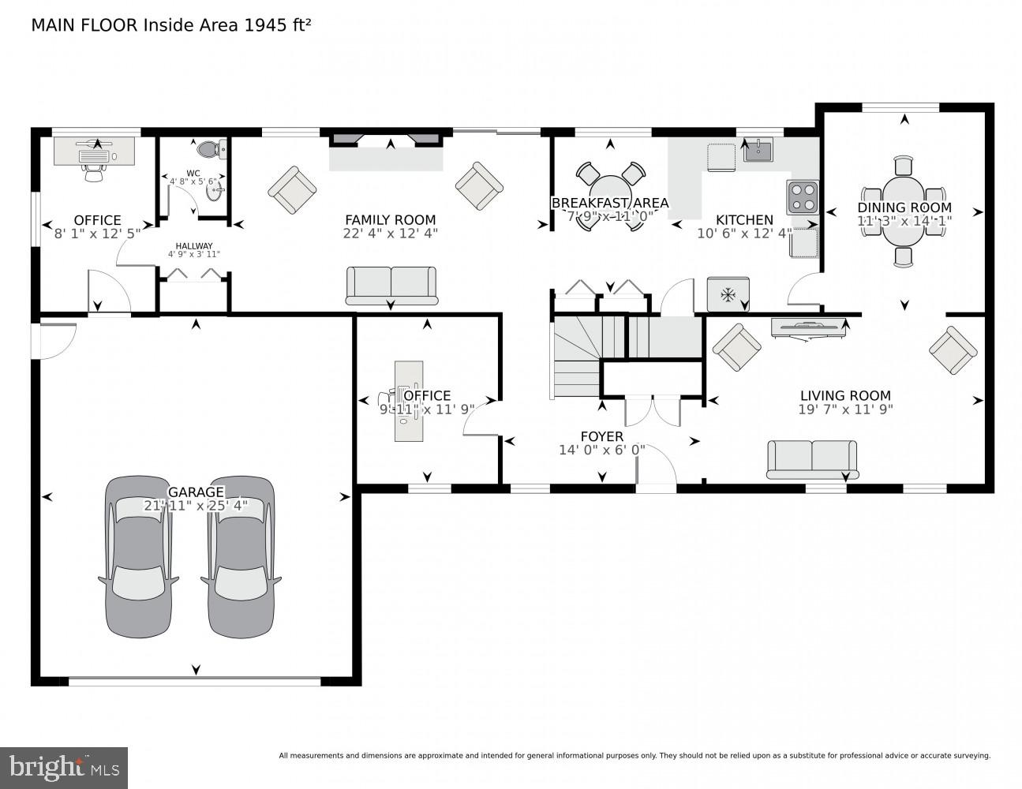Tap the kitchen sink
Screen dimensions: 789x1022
click(x=758, y=149)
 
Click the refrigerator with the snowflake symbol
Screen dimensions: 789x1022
click(x=728, y=294)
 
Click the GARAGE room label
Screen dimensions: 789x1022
click(x=196, y=492)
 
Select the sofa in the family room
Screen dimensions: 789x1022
click(x=391, y=286)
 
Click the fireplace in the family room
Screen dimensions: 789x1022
click(x=386, y=151)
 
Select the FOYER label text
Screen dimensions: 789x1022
click(x=601, y=436)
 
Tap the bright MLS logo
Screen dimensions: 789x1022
click(x=65, y=767)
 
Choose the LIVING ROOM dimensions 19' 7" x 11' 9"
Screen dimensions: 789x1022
click(x=845, y=409)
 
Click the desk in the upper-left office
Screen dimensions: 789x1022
click(x=95, y=151)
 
